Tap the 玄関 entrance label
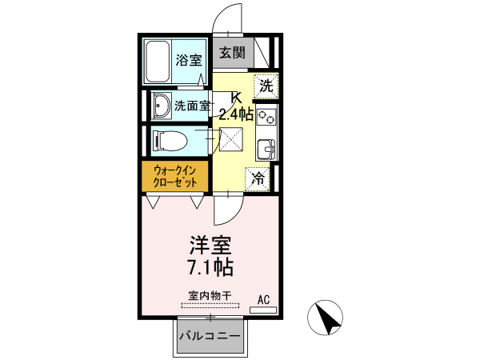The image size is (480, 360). click(x=232, y=54)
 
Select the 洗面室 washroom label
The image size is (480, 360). click(x=192, y=104)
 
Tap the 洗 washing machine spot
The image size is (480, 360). click(x=266, y=84)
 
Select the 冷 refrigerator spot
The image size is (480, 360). click(x=259, y=178)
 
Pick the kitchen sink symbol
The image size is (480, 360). click(x=267, y=150)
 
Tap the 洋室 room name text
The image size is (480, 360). click(x=211, y=244)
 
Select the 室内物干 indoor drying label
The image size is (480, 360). click(x=210, y=296)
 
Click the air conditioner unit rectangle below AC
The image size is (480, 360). click(x=264, y=310)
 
